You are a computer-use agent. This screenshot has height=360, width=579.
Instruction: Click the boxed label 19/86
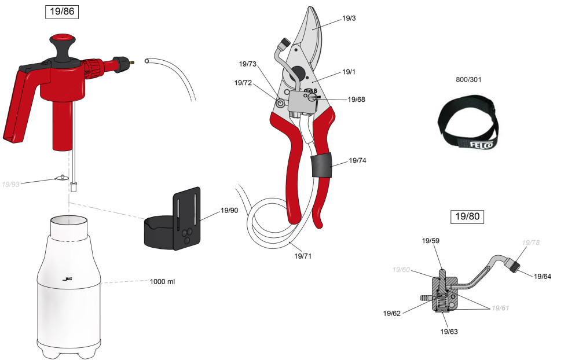coord(62,12)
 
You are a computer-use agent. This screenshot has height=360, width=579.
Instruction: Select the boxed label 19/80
coord(467,216)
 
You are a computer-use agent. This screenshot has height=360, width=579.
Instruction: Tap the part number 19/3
coord(349,18)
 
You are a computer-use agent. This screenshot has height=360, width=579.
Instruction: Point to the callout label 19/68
coord(356,100)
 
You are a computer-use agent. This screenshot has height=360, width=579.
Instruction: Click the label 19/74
coord(357,160)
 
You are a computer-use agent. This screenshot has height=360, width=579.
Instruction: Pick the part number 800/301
coord(468,79)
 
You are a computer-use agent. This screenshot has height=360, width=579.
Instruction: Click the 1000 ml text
coord(162,281)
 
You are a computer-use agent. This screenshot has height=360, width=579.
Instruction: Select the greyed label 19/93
coord(10,184)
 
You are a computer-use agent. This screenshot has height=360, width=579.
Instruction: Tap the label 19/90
coord(229,211)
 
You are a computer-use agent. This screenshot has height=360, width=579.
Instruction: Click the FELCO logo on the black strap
coord(481,144)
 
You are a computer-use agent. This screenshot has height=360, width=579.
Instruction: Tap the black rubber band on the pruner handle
coord(321,165)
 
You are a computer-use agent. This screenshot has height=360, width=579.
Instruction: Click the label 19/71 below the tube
coord(303,256)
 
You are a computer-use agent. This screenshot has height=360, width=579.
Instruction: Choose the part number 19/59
coord(431,241)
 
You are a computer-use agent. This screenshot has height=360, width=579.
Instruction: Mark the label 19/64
coord(543,276)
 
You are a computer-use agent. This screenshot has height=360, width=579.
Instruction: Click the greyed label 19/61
coord(500,308)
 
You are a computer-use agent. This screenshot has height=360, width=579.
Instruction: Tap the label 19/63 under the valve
coord(449,332)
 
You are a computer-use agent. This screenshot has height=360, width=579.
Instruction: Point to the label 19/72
coord(243,83)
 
